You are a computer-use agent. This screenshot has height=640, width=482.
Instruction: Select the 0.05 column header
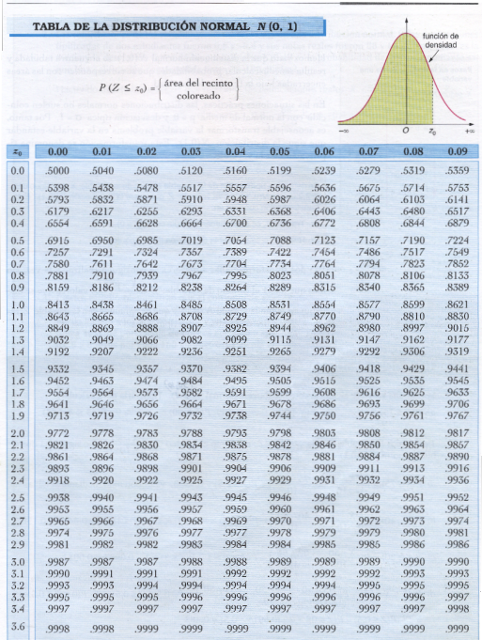(x=278, y=150)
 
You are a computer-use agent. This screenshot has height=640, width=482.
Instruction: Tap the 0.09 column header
(x=458, y=150)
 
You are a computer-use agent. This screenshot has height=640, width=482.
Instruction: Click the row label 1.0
(x=17, y=304)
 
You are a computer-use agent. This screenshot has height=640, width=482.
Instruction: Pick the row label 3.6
(x=17, y=626)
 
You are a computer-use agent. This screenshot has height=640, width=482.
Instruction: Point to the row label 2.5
(x=17, y=497)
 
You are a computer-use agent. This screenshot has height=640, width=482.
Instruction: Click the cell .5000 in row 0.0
(x=58, y=171)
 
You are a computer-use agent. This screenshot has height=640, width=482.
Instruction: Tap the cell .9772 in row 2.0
(x=58, y=433)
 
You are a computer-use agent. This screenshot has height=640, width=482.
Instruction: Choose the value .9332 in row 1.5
(x=58, y=369)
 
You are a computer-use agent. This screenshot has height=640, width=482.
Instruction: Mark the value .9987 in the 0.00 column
(x=58, y=561)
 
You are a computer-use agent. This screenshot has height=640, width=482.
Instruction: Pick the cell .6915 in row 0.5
(x=58, y=241)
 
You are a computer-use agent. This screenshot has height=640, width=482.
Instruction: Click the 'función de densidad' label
(x=442, y=39)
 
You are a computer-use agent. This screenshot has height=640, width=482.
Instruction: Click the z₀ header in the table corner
(x=17, y=150)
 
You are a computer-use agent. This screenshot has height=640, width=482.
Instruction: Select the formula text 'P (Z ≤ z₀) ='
(x=127, y=88)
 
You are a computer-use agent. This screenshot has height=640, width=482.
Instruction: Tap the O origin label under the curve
(x=406, y=132)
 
